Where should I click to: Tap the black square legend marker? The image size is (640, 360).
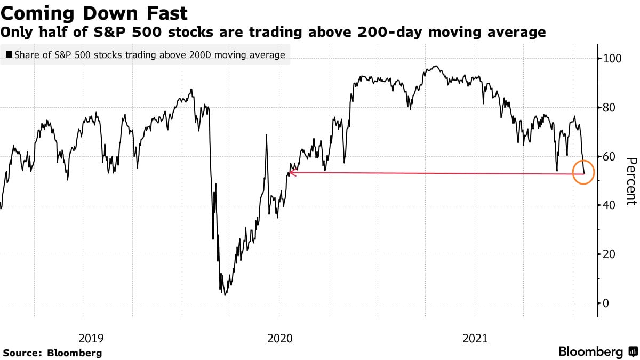(9, 55)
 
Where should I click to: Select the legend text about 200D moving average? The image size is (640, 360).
(150, 55)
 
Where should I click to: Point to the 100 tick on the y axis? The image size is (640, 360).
(612, 58)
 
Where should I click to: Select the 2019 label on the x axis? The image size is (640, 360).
(91, 338)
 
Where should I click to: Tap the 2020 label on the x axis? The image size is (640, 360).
(279, 338)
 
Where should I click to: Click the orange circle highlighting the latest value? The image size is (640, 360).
(583, 172)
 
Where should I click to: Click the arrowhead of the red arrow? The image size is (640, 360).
(291, 172)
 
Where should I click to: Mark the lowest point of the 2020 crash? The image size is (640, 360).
(226, 294)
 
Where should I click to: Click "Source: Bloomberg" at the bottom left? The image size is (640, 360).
(52, 353)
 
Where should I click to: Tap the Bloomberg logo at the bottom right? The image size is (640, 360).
(597, 352)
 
